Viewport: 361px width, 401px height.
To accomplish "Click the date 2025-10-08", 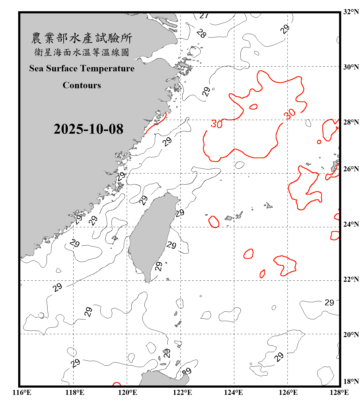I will click(88, 129).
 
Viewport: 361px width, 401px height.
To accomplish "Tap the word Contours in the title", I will click(82, 85).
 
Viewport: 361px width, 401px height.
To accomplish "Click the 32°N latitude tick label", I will click(351, 12).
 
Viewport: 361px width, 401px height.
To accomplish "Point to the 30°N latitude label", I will click(351, 67).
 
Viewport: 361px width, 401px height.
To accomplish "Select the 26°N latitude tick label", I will click(351, 169).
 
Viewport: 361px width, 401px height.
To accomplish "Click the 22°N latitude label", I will click(351, 279).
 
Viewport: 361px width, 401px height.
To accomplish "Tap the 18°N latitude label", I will click(351, 381).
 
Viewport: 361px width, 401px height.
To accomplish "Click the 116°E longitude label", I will click(22, 392).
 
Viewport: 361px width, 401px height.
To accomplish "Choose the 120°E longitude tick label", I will click(128, 392).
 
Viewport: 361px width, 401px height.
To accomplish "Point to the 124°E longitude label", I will click(233, 392).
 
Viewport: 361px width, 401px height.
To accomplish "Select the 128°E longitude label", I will click(339, 392).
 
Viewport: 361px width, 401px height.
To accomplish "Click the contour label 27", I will click(204, 16).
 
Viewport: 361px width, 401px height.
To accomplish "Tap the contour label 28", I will click(201, 33).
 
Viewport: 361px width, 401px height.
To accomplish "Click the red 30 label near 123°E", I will click(216, 124).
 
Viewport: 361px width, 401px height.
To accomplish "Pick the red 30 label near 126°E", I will click(290, 114).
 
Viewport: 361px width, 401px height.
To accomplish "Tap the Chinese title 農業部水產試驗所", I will click(82, 38).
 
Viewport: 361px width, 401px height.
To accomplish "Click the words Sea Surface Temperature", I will click(82, 68).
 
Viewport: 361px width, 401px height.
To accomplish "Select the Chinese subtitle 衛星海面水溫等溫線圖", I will click(82, 52).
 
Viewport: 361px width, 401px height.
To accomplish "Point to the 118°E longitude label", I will click(75, 392).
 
